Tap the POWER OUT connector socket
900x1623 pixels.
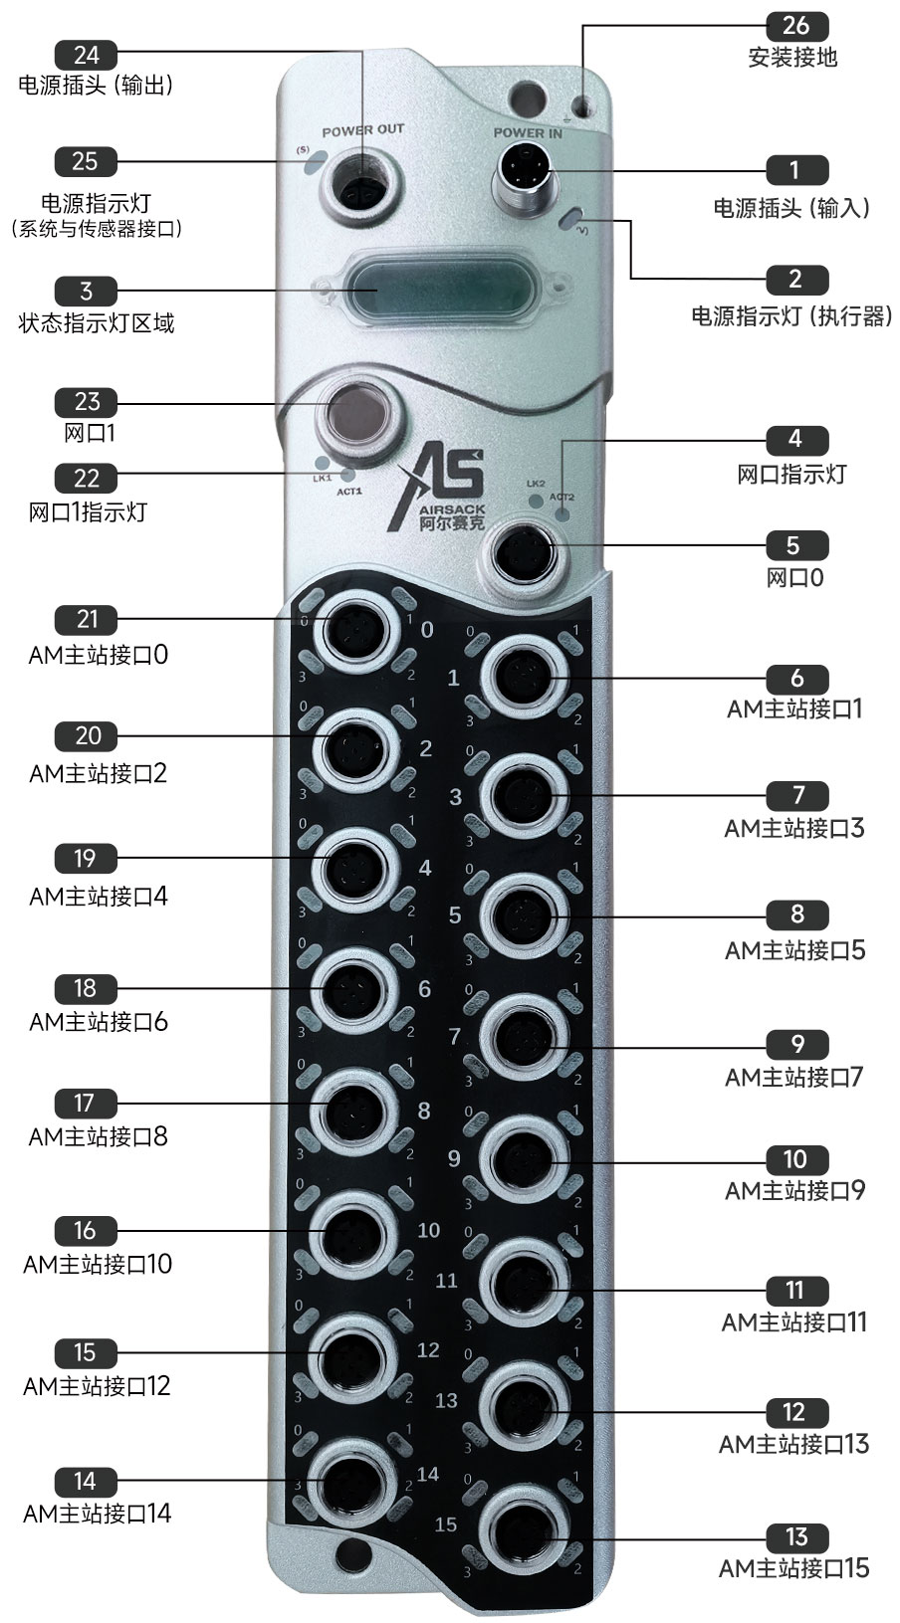(x=361, y=182)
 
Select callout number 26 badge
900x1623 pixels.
(x=796, y=25)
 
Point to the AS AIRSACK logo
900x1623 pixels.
(x=438, y=489)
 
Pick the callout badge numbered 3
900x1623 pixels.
(x=87, y=291)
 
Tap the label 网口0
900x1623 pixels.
(x=794, y=577)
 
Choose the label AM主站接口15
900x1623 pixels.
(x=793, y=1568)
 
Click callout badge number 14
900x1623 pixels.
(x=86, y=1482)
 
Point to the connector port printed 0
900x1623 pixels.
(x=354, y=628)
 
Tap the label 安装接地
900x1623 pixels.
(x=792, y=57)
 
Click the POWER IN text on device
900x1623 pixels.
(x=528, y=132)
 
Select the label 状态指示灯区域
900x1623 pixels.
(x=97, y=322)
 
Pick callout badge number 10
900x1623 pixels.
(x=795, y=1159)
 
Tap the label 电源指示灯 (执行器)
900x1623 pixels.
(x=792, y=315)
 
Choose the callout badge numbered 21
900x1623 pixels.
(x=88, y=619)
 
